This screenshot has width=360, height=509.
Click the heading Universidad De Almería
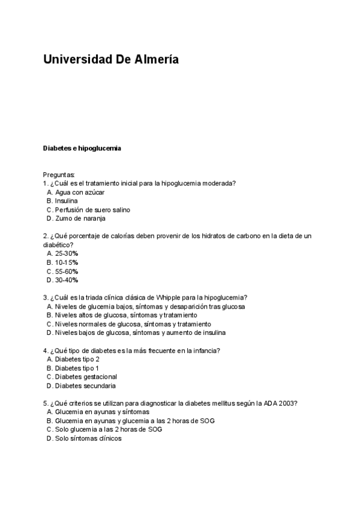point(110,60)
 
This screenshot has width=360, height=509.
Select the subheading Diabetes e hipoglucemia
point(82,148)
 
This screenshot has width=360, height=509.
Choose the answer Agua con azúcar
point(80,192)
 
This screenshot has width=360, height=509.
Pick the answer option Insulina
point(66,201)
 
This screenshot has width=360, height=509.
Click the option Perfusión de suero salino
point(92,210)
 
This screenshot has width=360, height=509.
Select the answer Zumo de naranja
point(80,218)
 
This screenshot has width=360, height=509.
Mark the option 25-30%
point(67,254)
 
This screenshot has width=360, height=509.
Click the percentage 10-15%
point(67,262)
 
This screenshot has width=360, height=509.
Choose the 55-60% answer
point(67,271)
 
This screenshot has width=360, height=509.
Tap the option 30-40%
point(67,280)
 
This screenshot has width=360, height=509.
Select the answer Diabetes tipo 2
point(77,359)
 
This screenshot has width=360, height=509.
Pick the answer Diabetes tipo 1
point(77,368)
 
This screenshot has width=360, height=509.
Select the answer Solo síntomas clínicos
point(88,438)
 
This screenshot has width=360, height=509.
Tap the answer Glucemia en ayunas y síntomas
point(102,412)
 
